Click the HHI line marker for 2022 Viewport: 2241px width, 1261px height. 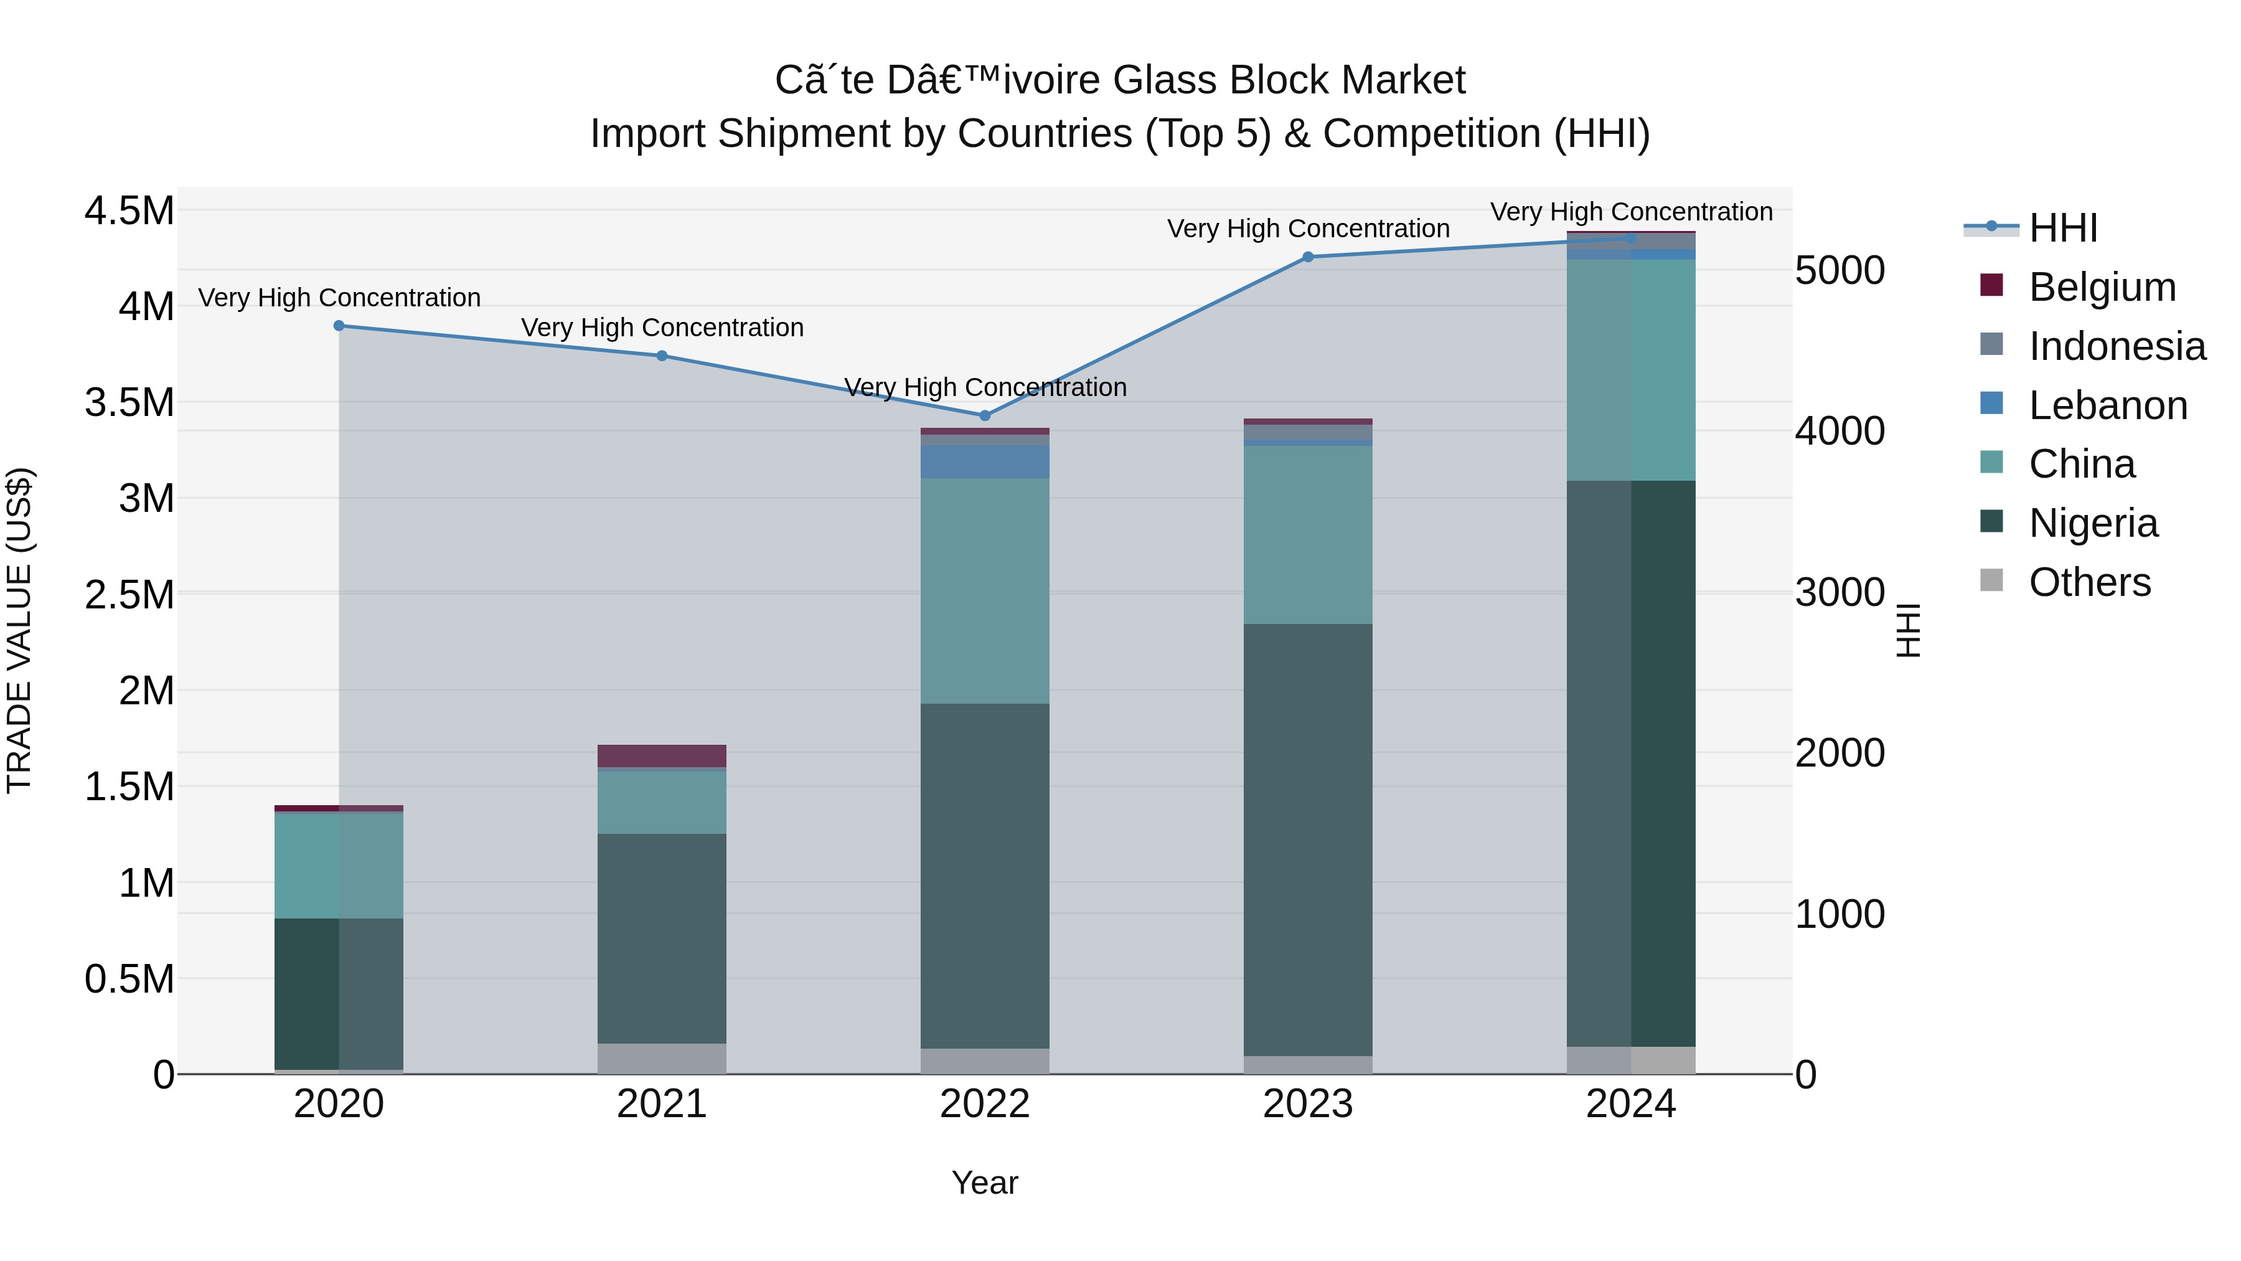click(x=985, y=415)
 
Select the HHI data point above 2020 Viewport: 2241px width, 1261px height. click(x=339, y=326)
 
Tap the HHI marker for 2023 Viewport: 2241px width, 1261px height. click(x=1307, y=257)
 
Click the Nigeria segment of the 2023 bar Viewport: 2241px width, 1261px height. click(x=1307, y=840)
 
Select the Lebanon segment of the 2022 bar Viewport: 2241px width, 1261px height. click(x=985, y=461)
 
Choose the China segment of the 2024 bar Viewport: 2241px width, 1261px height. click(x=1631, y=370)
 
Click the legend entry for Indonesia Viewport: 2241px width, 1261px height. click(x=2116, y=346)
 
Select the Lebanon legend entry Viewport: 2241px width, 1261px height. click(x=2107, y=405)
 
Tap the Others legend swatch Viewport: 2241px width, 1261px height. click(x=1991, y=580)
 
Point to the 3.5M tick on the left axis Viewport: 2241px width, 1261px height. click(x=129, y=403)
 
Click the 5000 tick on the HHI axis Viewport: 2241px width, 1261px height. click(x=1839, y=271)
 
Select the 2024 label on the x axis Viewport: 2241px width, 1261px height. click(x=1630, y=1104)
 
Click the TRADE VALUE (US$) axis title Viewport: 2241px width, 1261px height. click(x=19, y=630)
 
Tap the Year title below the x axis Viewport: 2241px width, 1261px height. click(x=984, y=1183)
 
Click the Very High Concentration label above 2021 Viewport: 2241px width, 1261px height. click(x=662, y=328)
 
